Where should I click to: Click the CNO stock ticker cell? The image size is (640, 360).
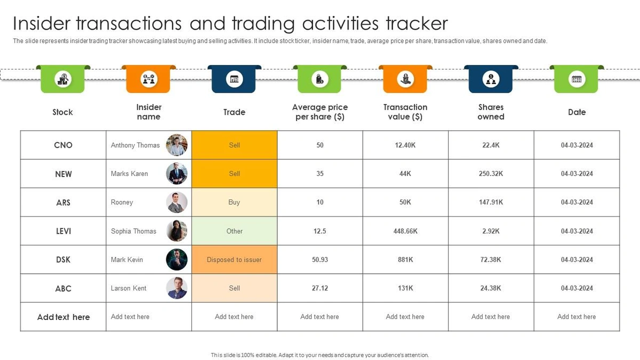pyautogui.click(x=63, y=145)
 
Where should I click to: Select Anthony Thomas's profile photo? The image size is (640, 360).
pyautogui.click(x=177, y=145)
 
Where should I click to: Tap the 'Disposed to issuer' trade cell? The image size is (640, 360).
pyautogui.click(x=234, y=260)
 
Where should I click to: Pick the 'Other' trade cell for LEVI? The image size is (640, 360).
pyautogui.click(x=234, y=231)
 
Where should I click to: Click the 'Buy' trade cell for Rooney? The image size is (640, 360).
pyautogui.click(x=234, y=202)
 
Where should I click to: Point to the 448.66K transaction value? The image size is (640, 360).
pyautogui.click(x=405, y=231)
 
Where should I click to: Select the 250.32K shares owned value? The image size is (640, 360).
pyautogui.click(x=491, y=174)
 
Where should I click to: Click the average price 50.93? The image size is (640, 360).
pyautogui.click(x=319, y=260)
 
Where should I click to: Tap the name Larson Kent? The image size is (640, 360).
pyautogui.click(x=129, y=289)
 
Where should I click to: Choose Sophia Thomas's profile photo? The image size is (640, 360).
pyautogui.click(x=177, y=231)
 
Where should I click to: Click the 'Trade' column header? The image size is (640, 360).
pyautogui.click(x=234, y=112)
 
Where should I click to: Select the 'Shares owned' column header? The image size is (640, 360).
pyautogui.click(x=491, y=112)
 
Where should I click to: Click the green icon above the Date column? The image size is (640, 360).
pyautogui.click(x=577, y=79)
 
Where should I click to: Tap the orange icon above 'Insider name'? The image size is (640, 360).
pyautogui.click(x=148, y=79)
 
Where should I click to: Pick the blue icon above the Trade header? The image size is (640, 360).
pyautogui.click(x=234, y=79)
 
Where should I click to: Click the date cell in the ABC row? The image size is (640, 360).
pyautogui.click(x=577, y=289)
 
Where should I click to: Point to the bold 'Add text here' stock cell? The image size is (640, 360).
pyautogui.click(x=63, y=317)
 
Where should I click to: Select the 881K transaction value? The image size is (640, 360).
pyautogui.click(x=405, y=260)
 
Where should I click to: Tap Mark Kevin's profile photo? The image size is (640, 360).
pyautogui.click(x=177, y=260)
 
